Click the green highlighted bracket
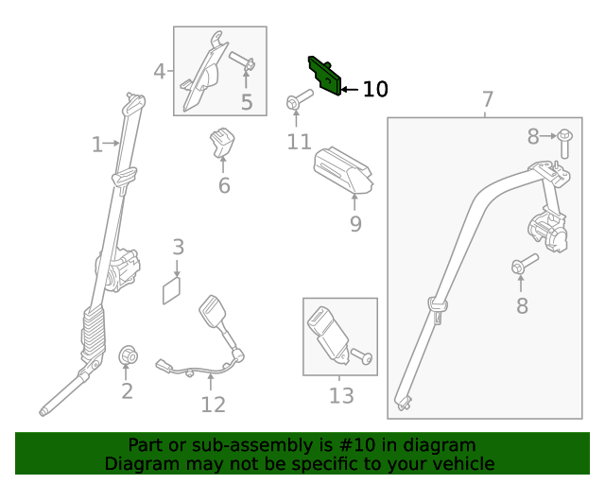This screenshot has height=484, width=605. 323,76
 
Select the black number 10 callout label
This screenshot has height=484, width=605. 375,90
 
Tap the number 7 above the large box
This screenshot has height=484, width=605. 488,99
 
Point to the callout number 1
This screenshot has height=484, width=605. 96,145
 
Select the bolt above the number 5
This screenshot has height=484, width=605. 243,63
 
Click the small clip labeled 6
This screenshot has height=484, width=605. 223,141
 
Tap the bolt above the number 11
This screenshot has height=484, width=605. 297,100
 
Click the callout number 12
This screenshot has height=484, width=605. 213,405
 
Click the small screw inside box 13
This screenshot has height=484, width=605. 363,357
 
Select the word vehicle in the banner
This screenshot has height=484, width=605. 459,463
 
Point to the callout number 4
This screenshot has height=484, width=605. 160,71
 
